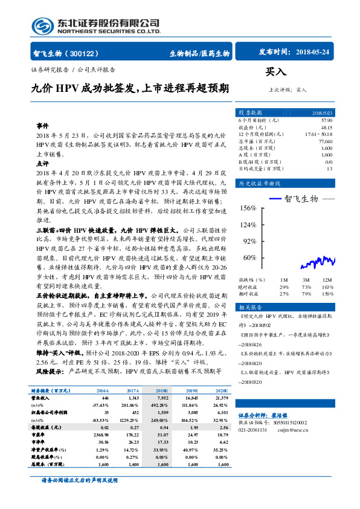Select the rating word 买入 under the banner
[276, 72]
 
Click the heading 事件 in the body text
[42, 125]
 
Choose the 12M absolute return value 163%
[327, 287]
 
